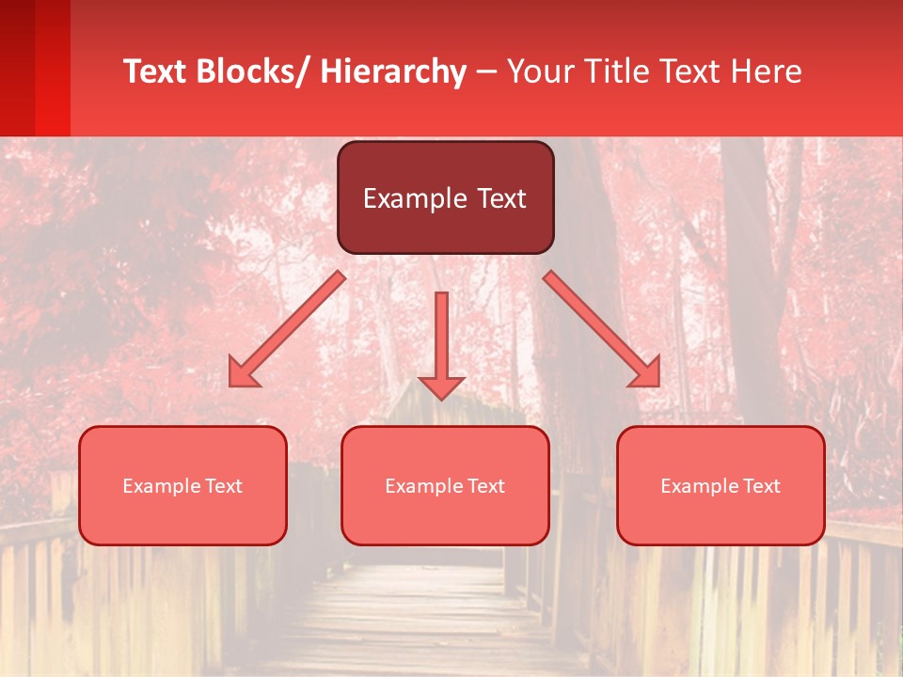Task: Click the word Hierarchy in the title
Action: pos(393,71)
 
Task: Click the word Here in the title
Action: pos(767,71)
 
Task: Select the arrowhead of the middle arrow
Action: pos(441,386)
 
